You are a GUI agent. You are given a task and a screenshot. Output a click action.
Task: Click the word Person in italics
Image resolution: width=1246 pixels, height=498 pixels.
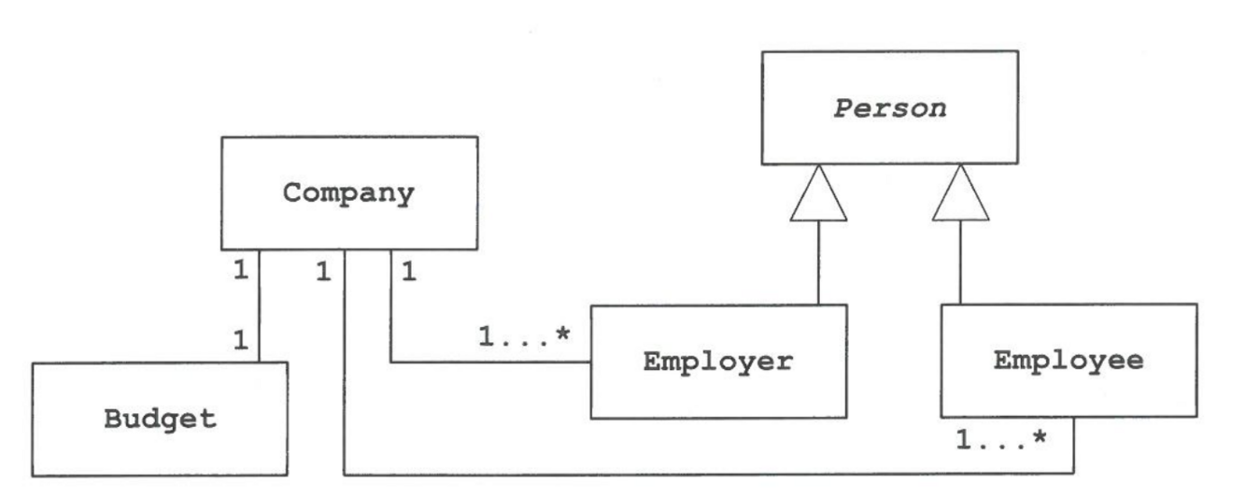889,108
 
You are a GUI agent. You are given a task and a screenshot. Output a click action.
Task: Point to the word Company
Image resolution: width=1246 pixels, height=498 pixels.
348,193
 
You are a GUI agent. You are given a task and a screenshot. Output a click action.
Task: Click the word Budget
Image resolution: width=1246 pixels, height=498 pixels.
160,419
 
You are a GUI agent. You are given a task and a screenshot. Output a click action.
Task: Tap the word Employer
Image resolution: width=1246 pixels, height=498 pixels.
717,361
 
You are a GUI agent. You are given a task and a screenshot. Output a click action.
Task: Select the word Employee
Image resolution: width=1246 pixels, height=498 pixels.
1068,361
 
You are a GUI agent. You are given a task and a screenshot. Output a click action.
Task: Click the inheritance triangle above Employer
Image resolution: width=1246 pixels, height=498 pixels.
818,196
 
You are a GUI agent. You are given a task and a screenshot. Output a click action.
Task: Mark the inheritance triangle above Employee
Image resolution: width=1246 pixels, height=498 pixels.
960,196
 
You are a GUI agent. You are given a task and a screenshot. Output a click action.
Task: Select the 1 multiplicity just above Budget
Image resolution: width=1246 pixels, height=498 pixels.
241,340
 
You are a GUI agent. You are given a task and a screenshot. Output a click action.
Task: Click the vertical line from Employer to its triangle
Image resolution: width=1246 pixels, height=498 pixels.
818,263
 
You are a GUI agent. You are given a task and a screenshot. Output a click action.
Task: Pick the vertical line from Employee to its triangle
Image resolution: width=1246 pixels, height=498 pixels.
960,263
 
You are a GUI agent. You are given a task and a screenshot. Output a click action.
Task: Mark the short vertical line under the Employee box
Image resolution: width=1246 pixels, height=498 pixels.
1074,446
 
